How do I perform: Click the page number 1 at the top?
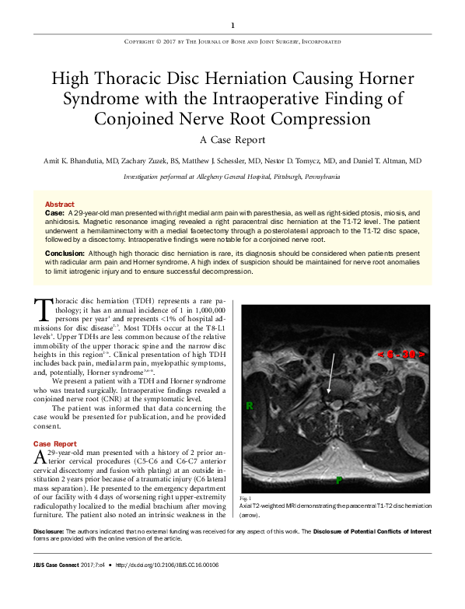tap(232, 25)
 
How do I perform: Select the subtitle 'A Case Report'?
tap(232, 140)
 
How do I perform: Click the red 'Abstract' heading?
tap(60, 203)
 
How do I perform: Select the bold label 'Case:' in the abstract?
tap(54, 212)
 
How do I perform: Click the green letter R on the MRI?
tap(250, 406)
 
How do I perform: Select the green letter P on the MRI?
tap(338, 481)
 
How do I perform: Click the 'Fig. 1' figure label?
tap(244, 496)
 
